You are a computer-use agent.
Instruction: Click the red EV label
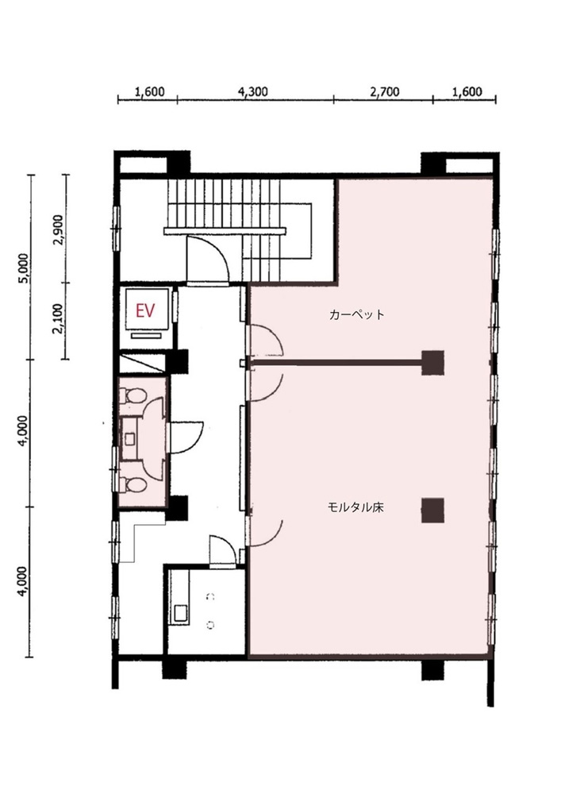(x=145, y=310)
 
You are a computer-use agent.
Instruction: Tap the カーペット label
(x=356, y=314)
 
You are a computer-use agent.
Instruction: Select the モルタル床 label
(x=355, y=507)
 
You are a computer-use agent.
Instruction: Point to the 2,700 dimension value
(x=385, y=91)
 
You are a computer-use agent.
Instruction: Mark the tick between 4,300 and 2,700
(x=333, y=99)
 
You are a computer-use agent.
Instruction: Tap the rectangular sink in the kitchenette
(x=181, y=612)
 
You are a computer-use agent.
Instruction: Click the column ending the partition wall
(x=433, y=363)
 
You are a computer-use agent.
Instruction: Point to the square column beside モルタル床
(x=433, y=511)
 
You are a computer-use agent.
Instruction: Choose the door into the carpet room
(x=264, y=341)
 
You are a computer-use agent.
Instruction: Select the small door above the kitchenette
(x=221, y=550)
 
